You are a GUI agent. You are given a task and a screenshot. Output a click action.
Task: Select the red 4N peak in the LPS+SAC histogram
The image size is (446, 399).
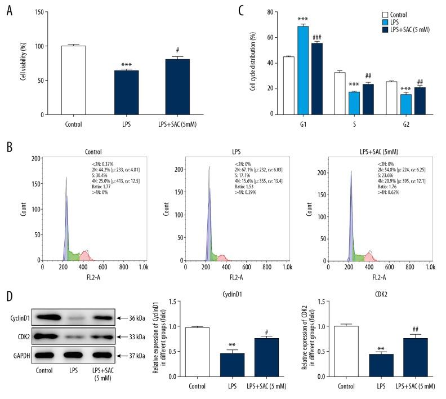pos(369,255)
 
